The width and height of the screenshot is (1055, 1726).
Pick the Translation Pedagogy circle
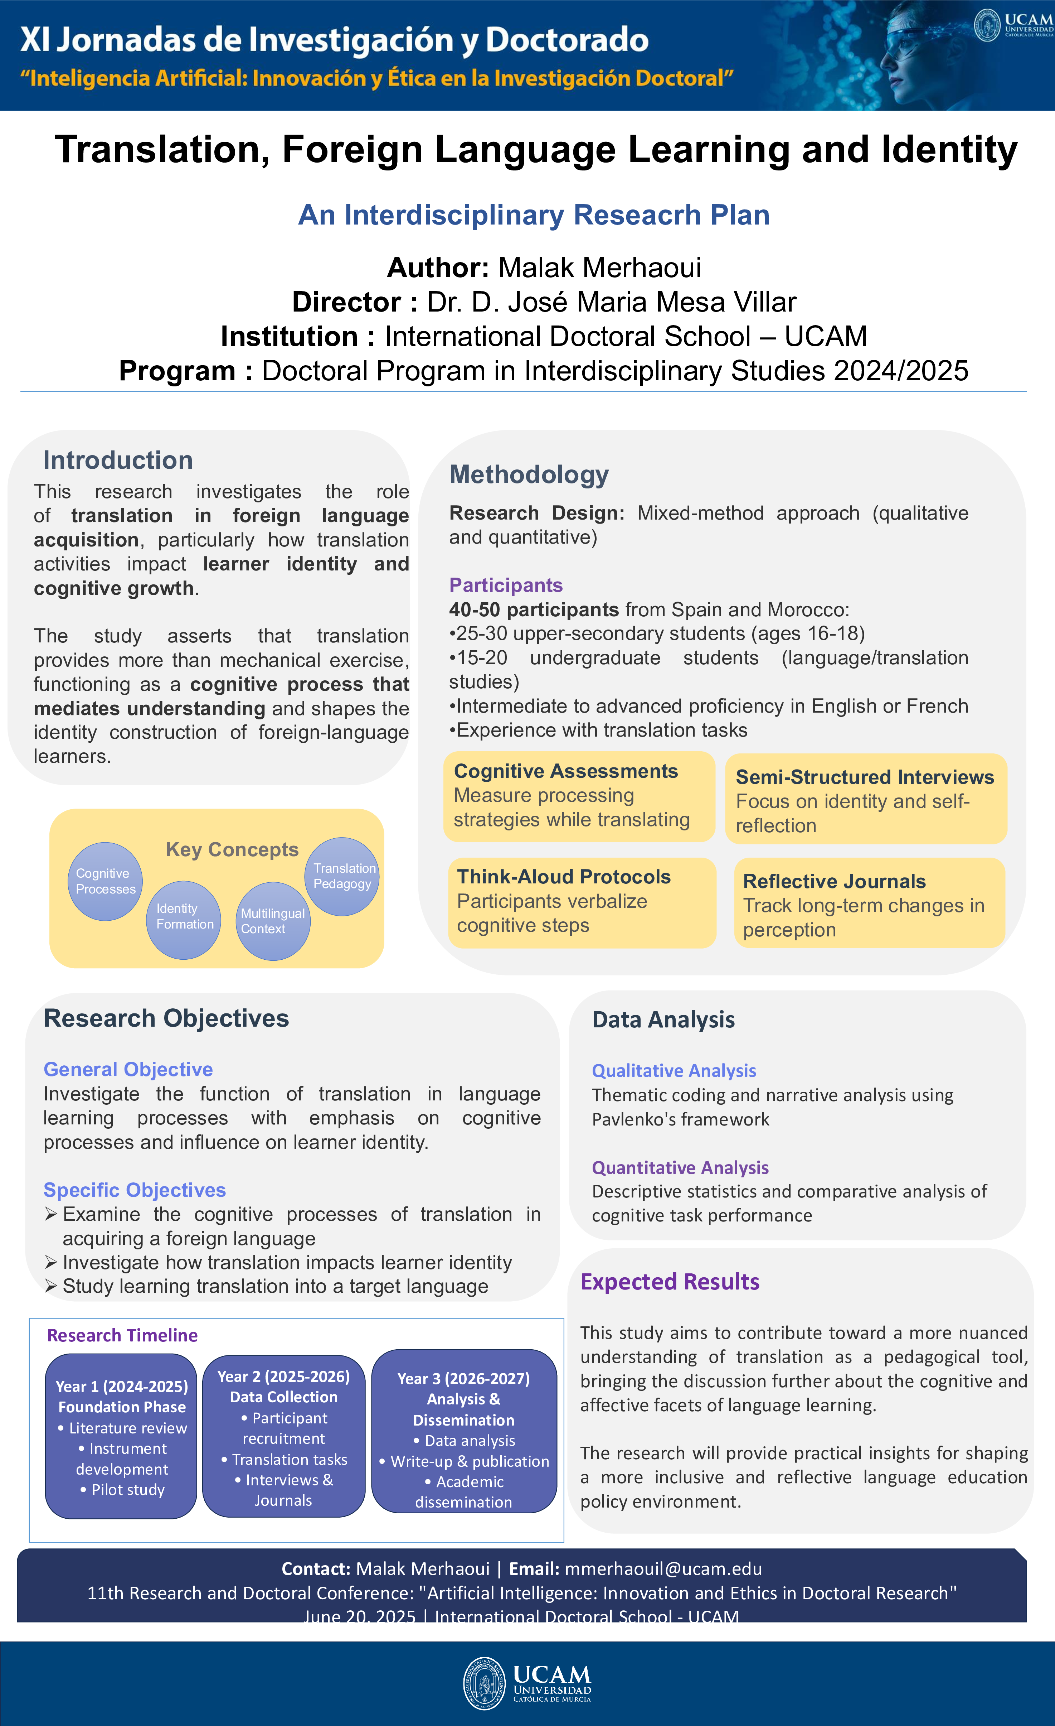click(342, 876)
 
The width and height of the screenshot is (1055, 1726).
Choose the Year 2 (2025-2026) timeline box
click(283, 1436)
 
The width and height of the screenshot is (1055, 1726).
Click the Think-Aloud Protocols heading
click(564, 877)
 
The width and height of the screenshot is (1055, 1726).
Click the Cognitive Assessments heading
click(566, 771)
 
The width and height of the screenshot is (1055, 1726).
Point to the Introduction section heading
click(118, 460)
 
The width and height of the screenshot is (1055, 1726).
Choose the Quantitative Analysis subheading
click(680, 1168)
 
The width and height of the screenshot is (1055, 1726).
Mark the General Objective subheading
click(128, 1070)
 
